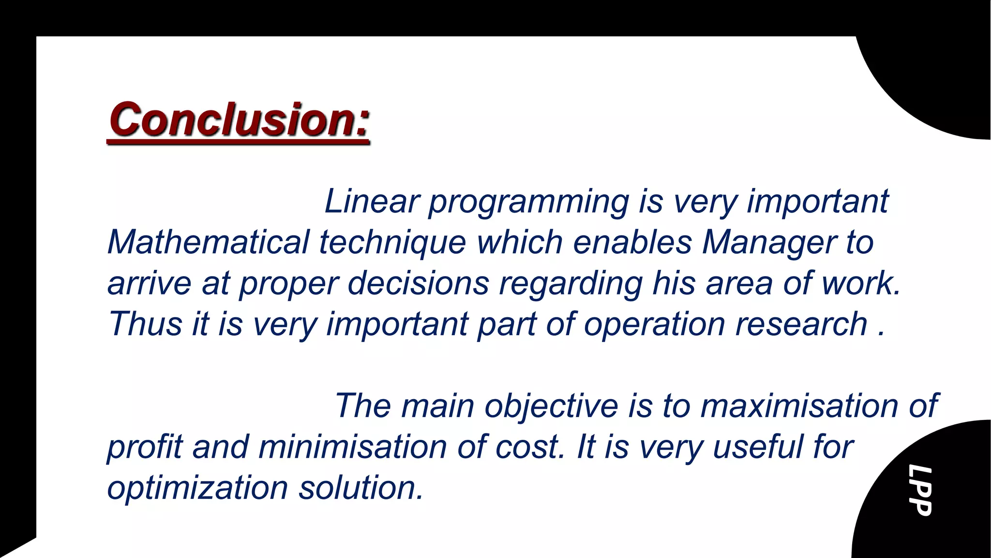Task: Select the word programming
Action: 528,201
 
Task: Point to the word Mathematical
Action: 208,242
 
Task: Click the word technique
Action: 392,242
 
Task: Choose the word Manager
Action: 768,242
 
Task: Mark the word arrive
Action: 149,283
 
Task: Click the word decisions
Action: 418,283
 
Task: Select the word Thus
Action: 145,324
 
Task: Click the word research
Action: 801,324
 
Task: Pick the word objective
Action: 551,406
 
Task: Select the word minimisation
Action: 352,447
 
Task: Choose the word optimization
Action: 197,488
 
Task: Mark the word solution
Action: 360,487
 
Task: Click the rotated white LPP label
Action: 919,490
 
